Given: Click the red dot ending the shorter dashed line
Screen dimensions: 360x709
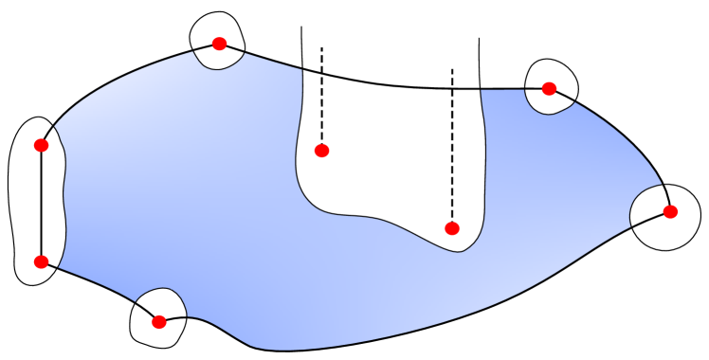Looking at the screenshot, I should (x=321, y=150).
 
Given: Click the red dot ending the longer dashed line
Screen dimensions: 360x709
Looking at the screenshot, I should (x=452, y=228).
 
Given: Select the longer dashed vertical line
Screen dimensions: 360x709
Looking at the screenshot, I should (x=452, y=161).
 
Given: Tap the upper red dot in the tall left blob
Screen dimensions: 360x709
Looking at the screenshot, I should (x=41, y=145).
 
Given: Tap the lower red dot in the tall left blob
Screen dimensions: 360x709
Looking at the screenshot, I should (x=41, y=261).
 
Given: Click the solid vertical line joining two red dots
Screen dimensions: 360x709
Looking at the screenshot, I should (x=41, y=204).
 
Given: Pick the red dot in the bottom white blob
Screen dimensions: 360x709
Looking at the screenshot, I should (x=159, y=322).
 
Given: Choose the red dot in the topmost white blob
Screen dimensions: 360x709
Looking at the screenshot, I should (x=219, y=44).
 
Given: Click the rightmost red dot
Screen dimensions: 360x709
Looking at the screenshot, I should (x=670, y=211).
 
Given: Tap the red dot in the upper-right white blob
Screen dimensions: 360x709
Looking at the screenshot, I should (x=549, y=88).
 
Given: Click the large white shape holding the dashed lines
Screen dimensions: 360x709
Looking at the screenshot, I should (x=389, y=161).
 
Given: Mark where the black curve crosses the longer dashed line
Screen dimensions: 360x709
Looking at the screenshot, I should (x=452, y=88).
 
